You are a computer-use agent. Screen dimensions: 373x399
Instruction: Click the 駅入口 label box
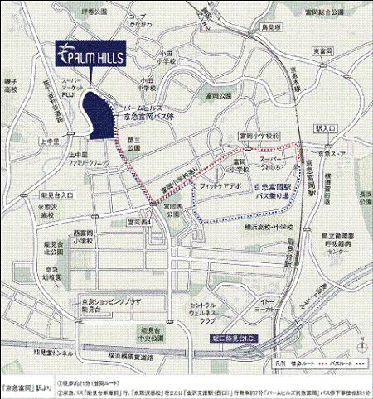pyautogui.click(x=327, y=129)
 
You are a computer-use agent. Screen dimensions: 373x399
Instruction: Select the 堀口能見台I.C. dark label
pyautogui.click(x=226, y=336)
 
